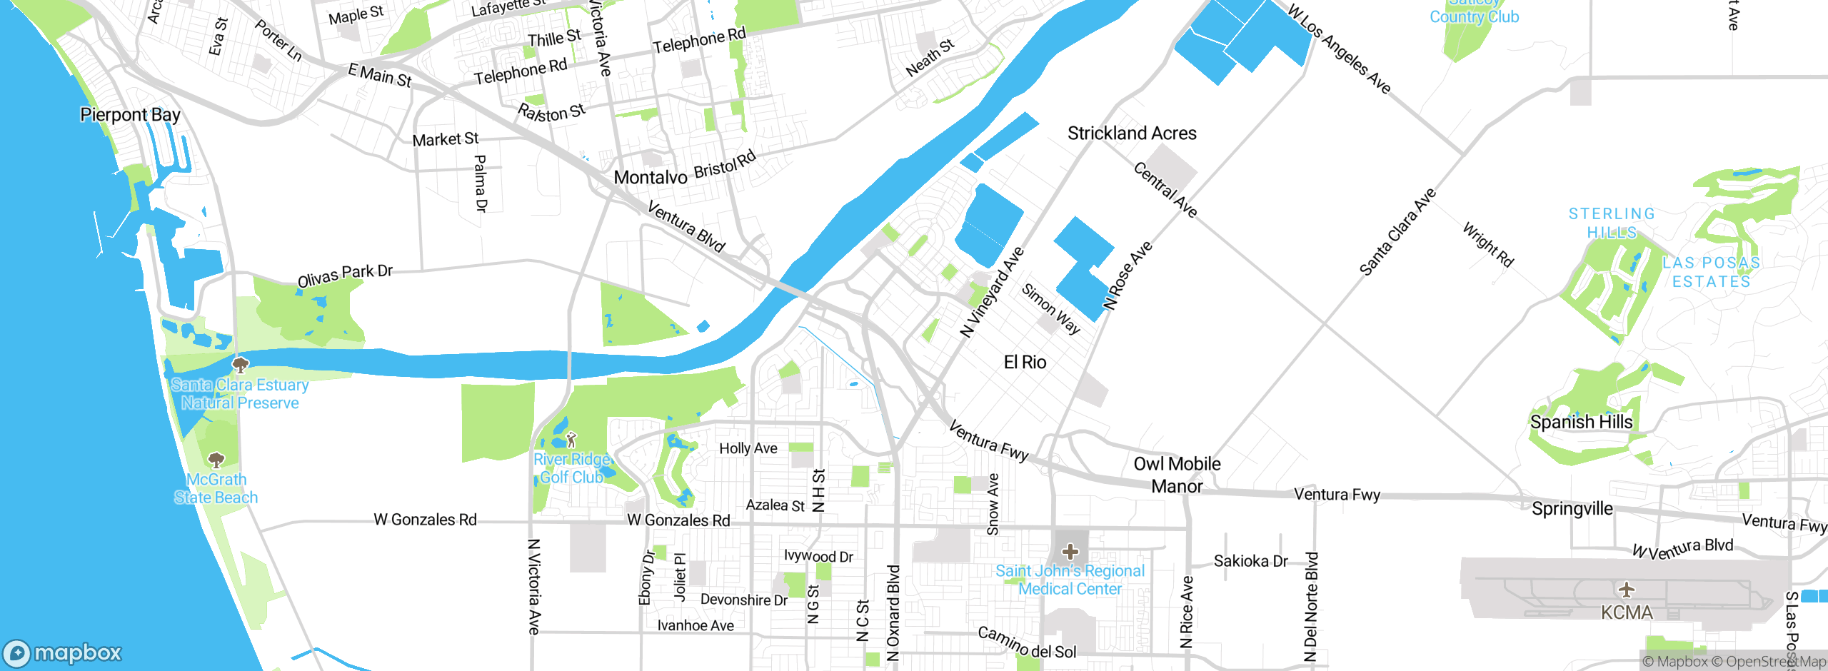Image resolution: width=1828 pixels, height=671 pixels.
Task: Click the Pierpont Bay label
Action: pos(130,115)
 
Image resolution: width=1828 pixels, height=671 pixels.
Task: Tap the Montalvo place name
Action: pos(650,177)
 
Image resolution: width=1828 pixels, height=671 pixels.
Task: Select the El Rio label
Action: pos(1025,363)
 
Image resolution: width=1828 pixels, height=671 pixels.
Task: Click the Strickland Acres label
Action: pos(1132,133)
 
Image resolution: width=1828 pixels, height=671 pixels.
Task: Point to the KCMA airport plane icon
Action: pos(1627,590)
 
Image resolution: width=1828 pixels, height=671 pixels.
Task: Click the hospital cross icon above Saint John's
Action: pos(1070,551)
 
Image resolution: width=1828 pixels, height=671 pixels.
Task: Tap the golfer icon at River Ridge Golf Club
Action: pos(571,439)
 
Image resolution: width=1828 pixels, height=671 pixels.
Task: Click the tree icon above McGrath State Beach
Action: pos(216,460)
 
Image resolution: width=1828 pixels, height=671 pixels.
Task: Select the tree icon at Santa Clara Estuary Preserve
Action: pos(241,365)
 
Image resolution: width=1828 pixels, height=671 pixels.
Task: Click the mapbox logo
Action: pos(63,652)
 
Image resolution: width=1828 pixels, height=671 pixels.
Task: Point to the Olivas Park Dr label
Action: pos(345,275)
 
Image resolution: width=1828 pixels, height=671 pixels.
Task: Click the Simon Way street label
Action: pos(1050,308)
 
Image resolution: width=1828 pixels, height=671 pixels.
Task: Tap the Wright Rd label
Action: pos(1488,244)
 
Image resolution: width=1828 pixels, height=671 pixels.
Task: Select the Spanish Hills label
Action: pos(1581,422)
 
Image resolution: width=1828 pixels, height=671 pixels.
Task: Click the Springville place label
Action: pos(1572,509)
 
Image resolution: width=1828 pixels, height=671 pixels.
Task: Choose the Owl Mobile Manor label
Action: pos(1177,475)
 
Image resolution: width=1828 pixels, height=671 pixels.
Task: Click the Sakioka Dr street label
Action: pos(1250,561)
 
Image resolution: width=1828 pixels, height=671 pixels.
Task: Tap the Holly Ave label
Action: pos(748,448)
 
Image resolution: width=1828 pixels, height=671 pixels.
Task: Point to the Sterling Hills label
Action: pos(1611,223)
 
